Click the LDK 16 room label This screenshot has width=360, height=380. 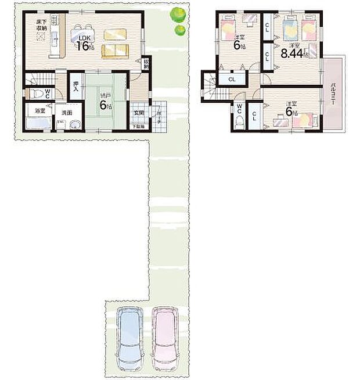pos(84,42)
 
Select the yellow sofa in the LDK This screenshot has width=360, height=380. pos(116,51)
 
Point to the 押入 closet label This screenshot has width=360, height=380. pos(76,88)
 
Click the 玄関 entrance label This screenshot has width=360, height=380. pos(139,113)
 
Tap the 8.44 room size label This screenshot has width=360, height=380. pos(290,55)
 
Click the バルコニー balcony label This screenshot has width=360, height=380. pos(334,93)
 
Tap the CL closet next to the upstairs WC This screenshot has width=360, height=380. pos(254,114)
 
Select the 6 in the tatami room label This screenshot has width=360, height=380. pos(103,105)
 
